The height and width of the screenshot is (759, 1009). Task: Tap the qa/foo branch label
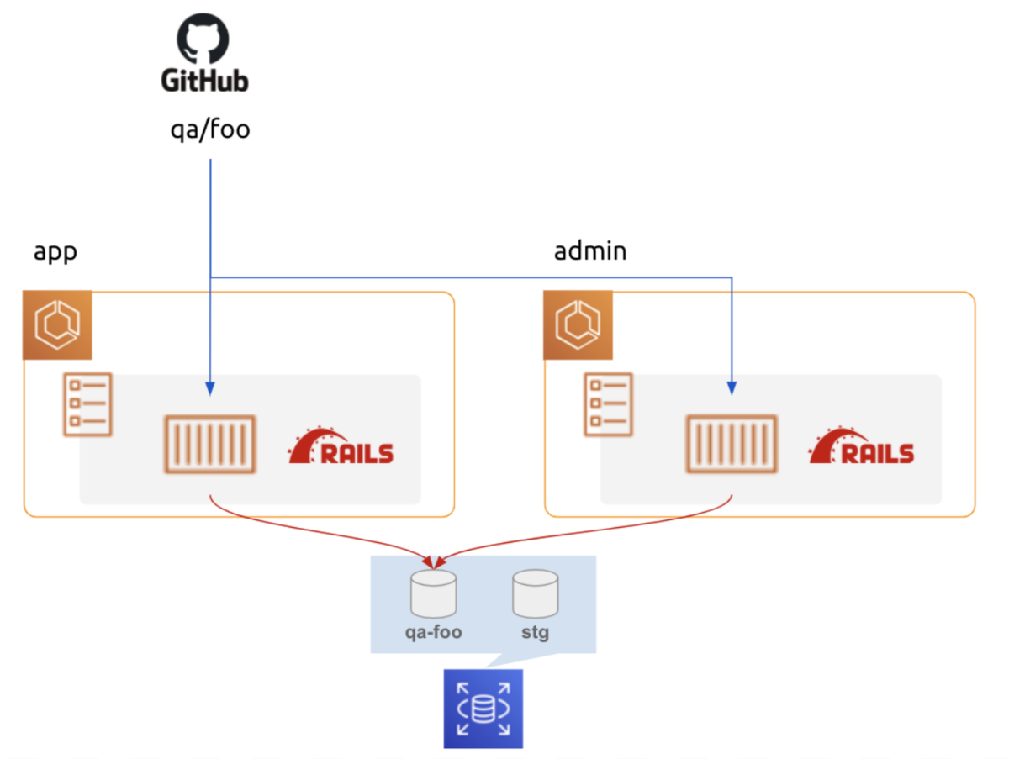[210, 130]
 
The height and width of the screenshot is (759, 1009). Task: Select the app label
[55, 251]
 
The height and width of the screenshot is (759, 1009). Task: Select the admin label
[590, 251]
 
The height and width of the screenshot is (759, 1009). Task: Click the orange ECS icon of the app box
[56, 324]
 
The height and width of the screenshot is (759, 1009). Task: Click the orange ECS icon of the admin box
[578, 324]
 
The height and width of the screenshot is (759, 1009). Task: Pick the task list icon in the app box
[87, 404]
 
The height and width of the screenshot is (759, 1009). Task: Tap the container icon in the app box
[209, 443]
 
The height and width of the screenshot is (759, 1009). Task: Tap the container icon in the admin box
[732, 443]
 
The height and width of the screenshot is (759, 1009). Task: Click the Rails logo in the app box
[341, 447]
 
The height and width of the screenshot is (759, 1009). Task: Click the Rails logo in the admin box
[862, 447]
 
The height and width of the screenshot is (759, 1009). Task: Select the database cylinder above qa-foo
[433, 593]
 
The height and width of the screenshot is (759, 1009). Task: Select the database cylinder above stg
[536, 593]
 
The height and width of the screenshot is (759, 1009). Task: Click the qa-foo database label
[433, 632]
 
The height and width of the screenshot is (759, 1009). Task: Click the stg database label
[535, 632]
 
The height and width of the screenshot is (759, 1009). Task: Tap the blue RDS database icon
[483, 709]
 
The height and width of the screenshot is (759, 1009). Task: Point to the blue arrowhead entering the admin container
[732, 388]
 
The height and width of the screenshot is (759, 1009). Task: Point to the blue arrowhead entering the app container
[209, 388]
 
